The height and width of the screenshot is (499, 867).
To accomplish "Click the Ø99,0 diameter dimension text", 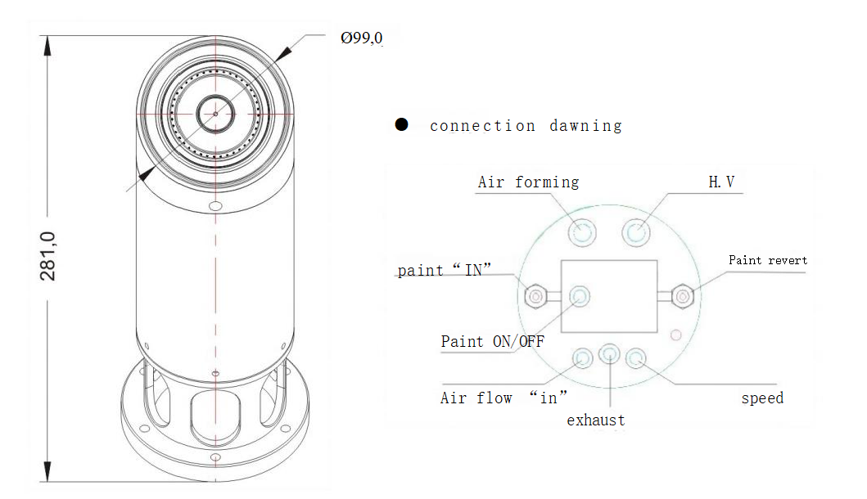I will pyautogui.click(x=361, y=38).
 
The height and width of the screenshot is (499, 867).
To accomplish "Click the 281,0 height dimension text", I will pyautogui.click(x=48, y=256).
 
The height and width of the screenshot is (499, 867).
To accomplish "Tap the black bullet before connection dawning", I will pyautogui.click(x=401, y=124).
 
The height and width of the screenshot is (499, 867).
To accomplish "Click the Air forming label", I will pyautogui.click(x=528, y=182).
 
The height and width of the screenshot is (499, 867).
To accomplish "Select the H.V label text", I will pyautogui.click(x=721, y=182).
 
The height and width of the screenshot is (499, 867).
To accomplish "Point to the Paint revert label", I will pyautogui.click(x=767, y=260).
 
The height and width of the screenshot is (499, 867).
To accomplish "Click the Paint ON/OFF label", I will pyautogui.click(x=493, y=341).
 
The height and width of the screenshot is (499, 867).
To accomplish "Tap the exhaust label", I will pyautogui.click(x=595, y=420).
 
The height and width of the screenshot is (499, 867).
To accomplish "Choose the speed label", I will pyautogui.click(x=762, y=398).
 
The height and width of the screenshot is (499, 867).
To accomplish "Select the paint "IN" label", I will pyautogui.click(x=445, y=270).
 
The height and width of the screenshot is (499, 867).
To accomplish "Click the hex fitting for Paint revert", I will pyautogui.click(x=683, y=296).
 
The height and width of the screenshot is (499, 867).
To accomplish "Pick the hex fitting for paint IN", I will pyautogui.click(x=535, y=296).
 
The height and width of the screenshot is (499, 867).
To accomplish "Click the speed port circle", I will pyautogui.click(x=636, y=357).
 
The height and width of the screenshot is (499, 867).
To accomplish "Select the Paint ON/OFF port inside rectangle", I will pyautogui.click(x=580, y=295).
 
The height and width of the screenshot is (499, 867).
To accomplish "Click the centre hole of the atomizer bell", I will pyautogui.click(x=215, y=113).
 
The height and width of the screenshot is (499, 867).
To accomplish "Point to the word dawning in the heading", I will pyautogui.click(x=585, y=126).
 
